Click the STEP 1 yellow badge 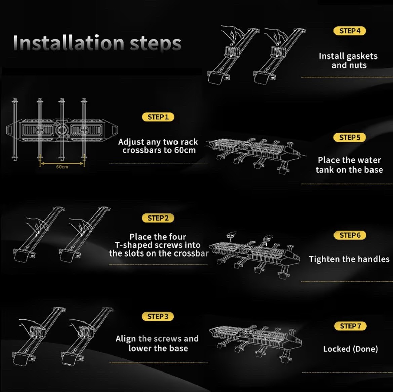pyautogui.click(x=158, y=117)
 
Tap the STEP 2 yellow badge pyautogui.click(x=158, y=218)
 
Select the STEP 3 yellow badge pyautogui.click(x=158, y=316)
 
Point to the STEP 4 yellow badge pyautogui.click(x=350, y=31)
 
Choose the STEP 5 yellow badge pyautogui.click(x=350, y=138)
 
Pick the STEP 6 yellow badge pyautogui.click(x=350, y=235)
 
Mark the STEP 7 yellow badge pyautogui.click(x=350, y=326)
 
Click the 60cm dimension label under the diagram pyautogui.click(x=62, y=167)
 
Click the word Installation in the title pyautogui.click(x=69, y=43)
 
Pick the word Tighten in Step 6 pyautogui.click(x=324, y=259)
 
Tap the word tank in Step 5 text pyautogui.click(x=325, y=170)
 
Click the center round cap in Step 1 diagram pyautogui.click(x=62, y=130)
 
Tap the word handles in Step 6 pyautogui.click(x=373, y=259)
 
